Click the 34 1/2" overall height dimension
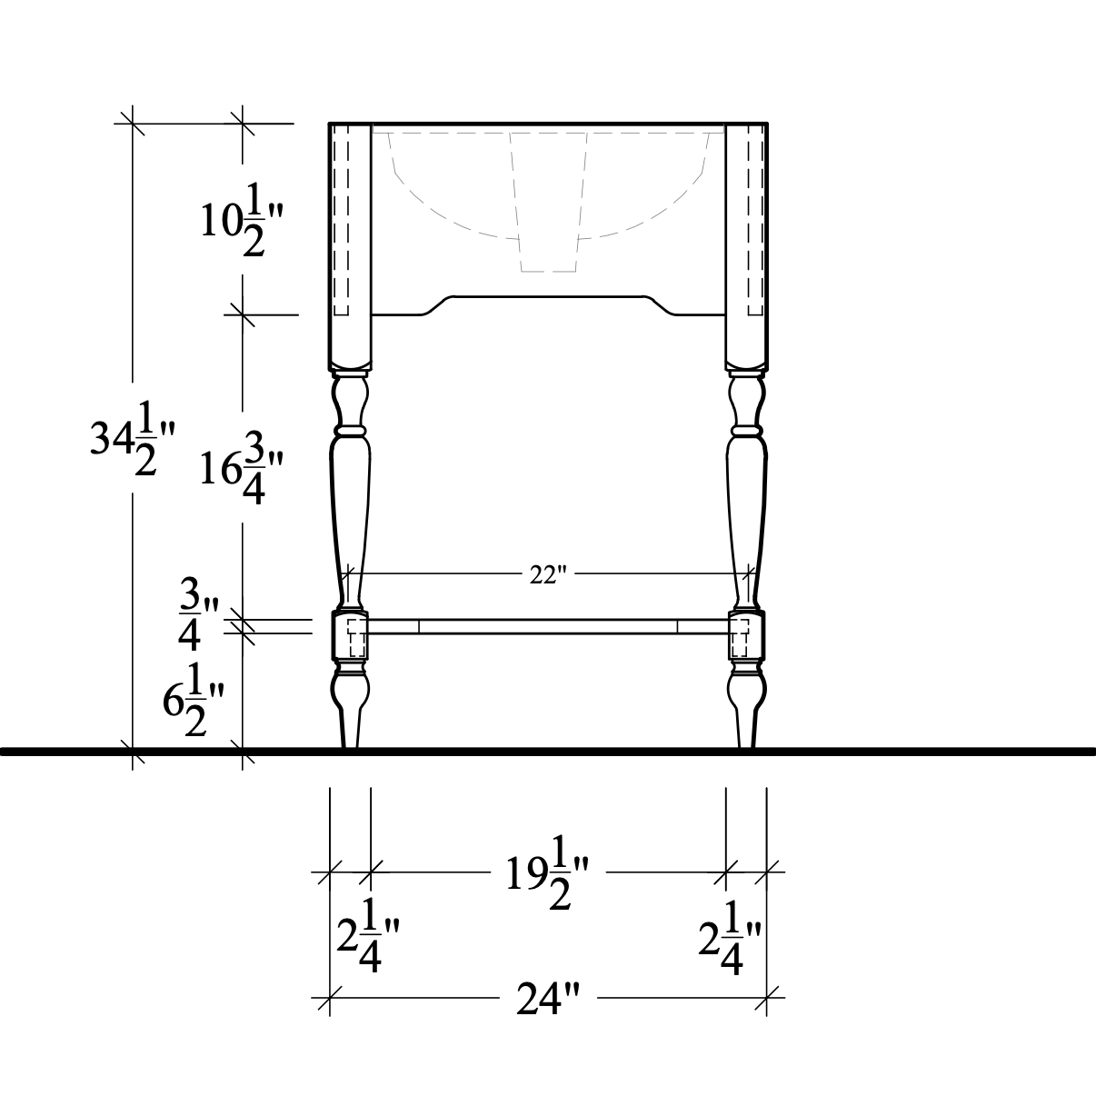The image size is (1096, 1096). click(132, 438)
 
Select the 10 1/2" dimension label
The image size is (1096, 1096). click(241, 218)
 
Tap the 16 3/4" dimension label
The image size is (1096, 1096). click(241, 467)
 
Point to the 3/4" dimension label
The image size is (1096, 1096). click(198, 615)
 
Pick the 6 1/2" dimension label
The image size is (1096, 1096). click(194, 699)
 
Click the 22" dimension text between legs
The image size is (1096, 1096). click(548, 575)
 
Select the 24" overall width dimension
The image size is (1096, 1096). click(548, 999)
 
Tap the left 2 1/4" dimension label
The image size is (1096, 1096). click(367, 935)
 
